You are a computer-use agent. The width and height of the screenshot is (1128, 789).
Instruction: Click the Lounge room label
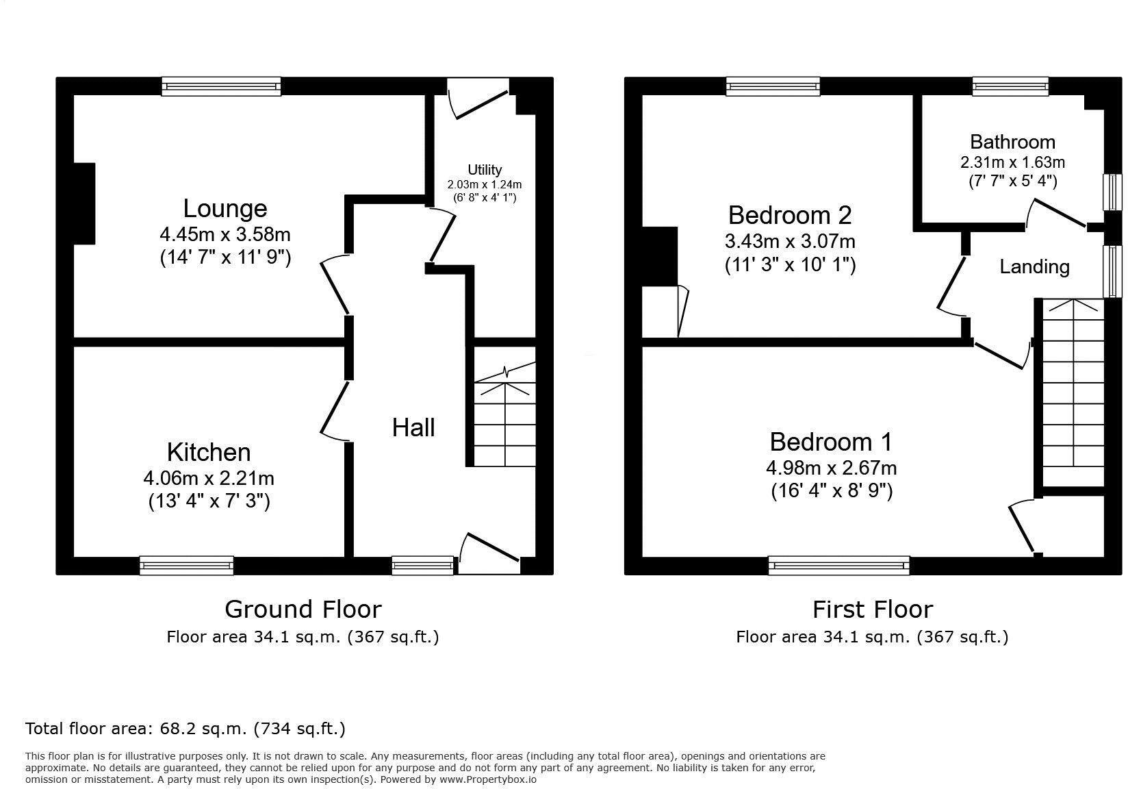[225, 208]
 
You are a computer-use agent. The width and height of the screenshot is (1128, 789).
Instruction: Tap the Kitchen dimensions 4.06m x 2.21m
[209, 477]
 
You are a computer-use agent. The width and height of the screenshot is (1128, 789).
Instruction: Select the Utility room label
[485, 169]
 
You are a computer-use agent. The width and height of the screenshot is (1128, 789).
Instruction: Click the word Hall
[413, 427]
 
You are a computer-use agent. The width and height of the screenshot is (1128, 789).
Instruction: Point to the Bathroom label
[1012, 142]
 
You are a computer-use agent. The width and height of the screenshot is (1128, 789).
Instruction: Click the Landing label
[1034, 266]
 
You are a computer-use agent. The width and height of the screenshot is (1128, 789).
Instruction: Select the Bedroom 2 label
[790, 215]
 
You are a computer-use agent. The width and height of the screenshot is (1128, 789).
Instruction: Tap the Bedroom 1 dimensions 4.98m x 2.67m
[831, 468]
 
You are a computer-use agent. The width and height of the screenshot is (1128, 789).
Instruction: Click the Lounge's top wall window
[221, 86]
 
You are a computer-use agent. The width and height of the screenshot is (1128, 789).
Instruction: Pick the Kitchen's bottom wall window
[186, 565]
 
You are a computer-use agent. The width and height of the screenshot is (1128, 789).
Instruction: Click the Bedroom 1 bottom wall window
[838, 565]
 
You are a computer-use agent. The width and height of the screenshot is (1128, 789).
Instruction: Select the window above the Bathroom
[1010, 86]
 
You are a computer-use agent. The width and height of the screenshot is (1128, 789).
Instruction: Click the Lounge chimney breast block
[84, 203]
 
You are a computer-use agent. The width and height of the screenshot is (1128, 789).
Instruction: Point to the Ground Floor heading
[303, 609]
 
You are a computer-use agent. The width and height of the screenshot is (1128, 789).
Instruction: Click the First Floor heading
[872, 609]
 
